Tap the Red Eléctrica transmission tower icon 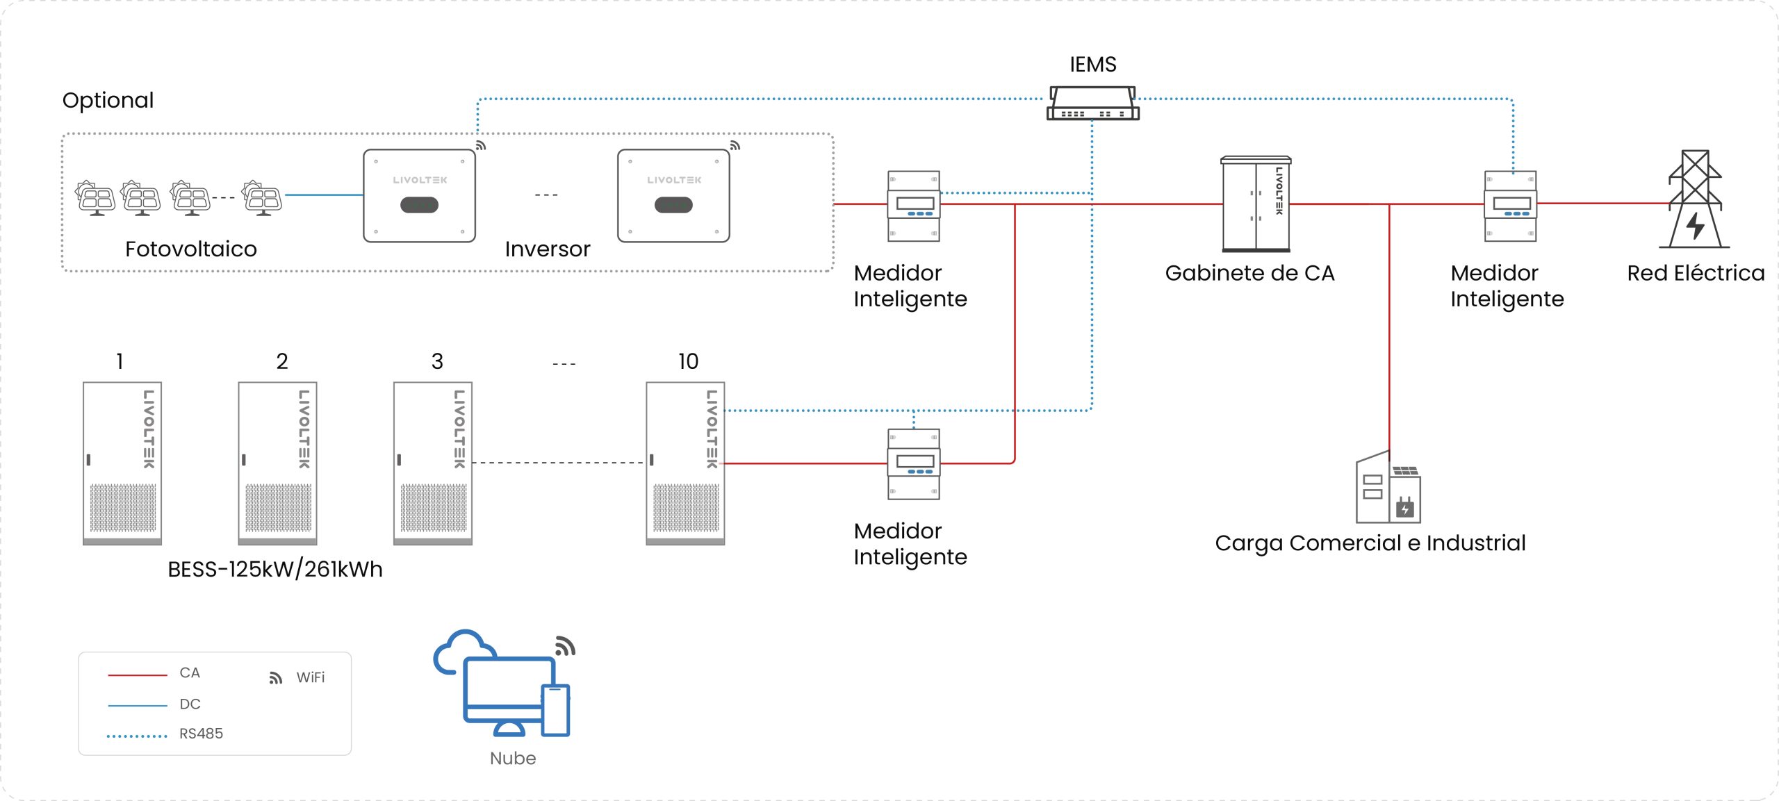coord(1695,200)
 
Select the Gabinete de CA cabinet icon coord(1256,204)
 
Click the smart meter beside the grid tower coord(1510,206)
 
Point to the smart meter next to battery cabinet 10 coord(913,463)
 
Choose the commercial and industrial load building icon coord(1388,489)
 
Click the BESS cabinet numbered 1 coord(122,463)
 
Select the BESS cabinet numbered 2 coord(277,463)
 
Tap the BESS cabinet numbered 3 coord(433,463)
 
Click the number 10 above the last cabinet coord(688,361)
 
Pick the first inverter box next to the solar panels coord(419,196)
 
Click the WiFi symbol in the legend coord(276,678)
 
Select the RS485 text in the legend coord(201,734)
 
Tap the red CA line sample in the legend coord(138,675)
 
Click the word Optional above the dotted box coord(108,101)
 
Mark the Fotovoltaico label coord(191,249)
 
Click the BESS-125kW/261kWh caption coord(275,570)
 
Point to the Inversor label coord(548,249)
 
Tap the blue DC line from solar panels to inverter coord(324,195)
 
